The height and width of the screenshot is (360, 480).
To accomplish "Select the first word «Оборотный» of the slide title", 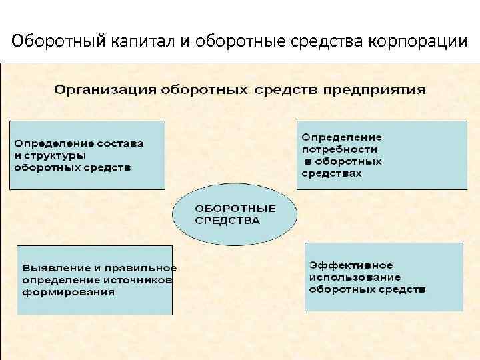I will pos(50,41).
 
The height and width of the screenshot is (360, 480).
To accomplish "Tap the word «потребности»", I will pos(339,149).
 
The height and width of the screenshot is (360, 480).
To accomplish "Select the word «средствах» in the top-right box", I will pos(332,173).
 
